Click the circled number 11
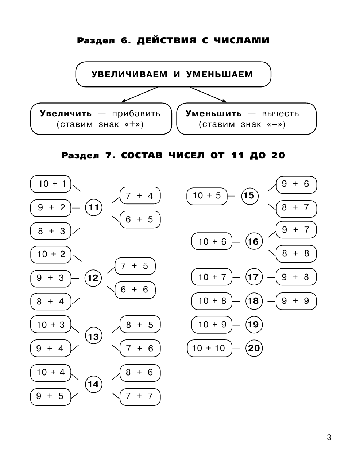coord(94,208)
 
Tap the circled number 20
coord(254,348)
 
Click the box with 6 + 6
coord(135,290)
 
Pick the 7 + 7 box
coord(140,396)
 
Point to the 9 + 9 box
coord(296,301)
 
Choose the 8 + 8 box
coord(296,253)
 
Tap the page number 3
coord(329,438)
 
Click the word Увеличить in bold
coord(66,113)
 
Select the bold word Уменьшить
coord(213,113)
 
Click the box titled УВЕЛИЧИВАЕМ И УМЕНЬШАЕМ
coord(173,74)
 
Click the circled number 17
coord(253,277)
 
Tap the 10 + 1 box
coord(51,184)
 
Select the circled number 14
coord(93,384)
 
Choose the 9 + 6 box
coord(296,184)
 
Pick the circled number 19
coord(253,325)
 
